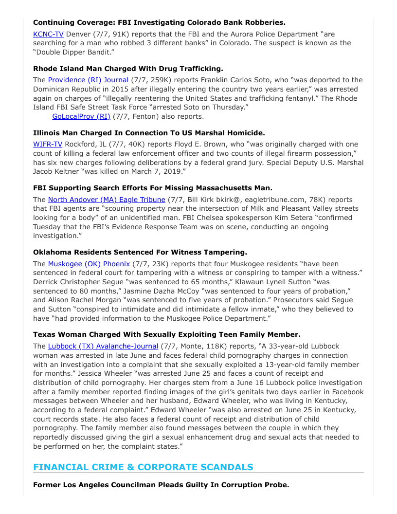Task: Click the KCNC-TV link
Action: point(48,34)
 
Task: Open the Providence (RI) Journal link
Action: point(88,80)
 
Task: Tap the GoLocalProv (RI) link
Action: point(81,116)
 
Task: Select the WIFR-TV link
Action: point(48,144)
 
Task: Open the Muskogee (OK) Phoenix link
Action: point(89,264)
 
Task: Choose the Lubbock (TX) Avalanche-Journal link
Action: point(103,346)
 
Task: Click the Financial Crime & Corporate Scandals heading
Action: point(143,467)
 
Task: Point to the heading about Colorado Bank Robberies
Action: point(159,22)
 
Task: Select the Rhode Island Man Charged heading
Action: point(128,69)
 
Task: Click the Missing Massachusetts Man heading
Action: point(153,188)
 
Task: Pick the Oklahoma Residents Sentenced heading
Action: point(140,252)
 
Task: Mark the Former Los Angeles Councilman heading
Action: point(161,485)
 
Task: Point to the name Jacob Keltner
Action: point(59,172)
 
